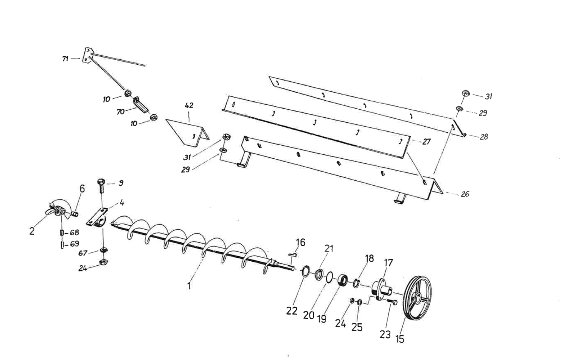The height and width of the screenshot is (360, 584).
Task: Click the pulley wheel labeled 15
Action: (x=418, y=298)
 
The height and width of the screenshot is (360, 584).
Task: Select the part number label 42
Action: (x=189, y=106)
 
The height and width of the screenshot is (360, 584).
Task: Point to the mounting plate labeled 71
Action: (x=87, y=56)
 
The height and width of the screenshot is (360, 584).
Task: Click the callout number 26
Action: (x=465, y=194)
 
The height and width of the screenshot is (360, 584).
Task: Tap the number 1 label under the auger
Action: (x=189, y=286)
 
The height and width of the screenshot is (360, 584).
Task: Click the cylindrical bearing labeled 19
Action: (x=342, y=281)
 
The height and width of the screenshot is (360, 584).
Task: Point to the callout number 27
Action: (x=426, y=142)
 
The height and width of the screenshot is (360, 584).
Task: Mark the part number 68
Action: (x=74, y=233)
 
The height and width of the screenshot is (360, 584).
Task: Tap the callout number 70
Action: (x=120, y=112)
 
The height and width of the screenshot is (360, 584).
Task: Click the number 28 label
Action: (x=484, y=137)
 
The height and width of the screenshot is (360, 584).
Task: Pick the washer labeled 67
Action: (x=103, y=250)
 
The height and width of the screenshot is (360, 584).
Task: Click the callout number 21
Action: (x=329, y=249)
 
